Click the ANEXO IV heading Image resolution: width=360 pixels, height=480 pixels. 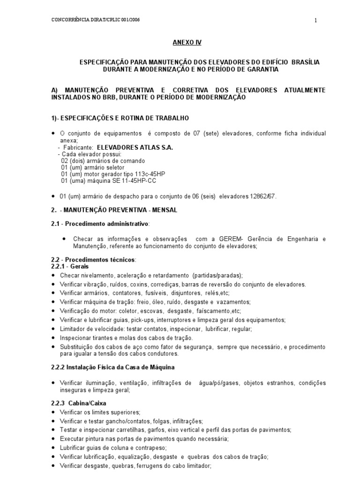(x=187, y=42)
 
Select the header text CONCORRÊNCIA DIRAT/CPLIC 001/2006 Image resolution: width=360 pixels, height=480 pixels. (x=95, y=20)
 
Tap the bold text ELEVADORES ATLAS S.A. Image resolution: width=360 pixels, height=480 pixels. (x=135, y=147)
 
